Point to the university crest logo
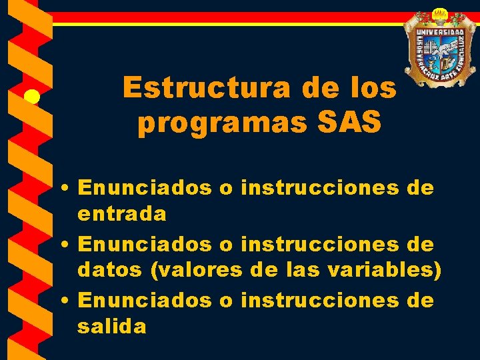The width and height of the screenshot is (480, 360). click(440, 50)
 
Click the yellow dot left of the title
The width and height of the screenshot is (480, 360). click(32, 98)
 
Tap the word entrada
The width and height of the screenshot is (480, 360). click(122, 214)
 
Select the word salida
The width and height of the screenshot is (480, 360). click(112, 327)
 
